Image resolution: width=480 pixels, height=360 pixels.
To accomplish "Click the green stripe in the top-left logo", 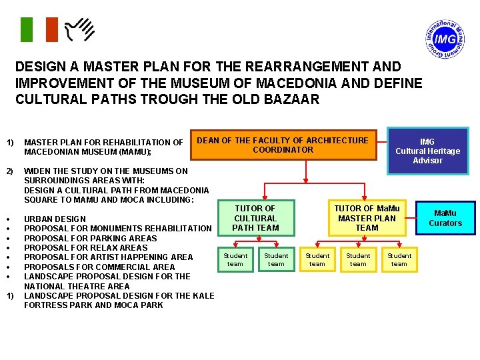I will click(x=25, y=29).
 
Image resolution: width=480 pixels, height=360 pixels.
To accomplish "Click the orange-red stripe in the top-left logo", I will click(x=51, y=29).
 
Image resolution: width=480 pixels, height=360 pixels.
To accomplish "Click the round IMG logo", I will click(x=444, y=40).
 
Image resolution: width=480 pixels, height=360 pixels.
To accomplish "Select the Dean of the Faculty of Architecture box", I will click(x=283, y=145).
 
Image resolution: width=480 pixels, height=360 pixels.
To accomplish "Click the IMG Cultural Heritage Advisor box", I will click(x=427, y=151).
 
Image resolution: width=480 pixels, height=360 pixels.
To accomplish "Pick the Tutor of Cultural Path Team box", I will click(x=255, y=218).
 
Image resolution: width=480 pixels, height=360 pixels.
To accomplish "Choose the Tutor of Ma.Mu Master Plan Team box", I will click(x=367, y=218).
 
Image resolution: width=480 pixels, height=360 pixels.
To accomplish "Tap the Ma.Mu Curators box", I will click(x=445, y=218).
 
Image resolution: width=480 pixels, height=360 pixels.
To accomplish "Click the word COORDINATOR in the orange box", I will click(x=283, y=150).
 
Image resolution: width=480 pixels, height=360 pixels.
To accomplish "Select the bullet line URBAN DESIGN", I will click(x=55, y=219).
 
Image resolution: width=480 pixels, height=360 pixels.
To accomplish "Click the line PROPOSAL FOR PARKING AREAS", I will click(x=90, y=238).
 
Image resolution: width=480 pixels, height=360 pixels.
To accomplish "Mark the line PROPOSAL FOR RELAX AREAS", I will click(x=85, y=247).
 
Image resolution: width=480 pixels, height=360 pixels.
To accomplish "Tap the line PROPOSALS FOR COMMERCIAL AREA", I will click(x=99, y=267).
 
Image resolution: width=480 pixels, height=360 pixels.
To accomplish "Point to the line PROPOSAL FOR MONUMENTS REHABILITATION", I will click(x=117, y=229).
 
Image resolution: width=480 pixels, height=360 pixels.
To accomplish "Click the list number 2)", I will click(x=10, y=171).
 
